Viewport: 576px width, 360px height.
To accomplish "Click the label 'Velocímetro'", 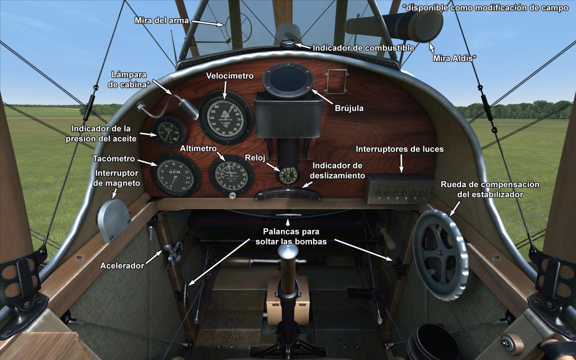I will tap(230, 76).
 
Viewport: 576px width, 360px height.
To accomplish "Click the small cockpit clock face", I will tap(288, 174).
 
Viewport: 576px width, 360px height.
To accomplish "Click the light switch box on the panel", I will tap(398, 189).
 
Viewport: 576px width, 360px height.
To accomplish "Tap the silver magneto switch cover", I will tap(113, 219).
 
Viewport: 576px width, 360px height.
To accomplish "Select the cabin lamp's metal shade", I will tap(189, 108).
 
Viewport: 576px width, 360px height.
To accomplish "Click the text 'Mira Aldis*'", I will tap(454, 58).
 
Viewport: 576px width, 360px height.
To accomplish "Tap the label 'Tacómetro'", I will tap(114, 159).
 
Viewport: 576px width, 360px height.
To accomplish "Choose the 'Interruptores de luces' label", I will tap(400, 149).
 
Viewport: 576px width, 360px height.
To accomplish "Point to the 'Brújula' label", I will tap(349, 107).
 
